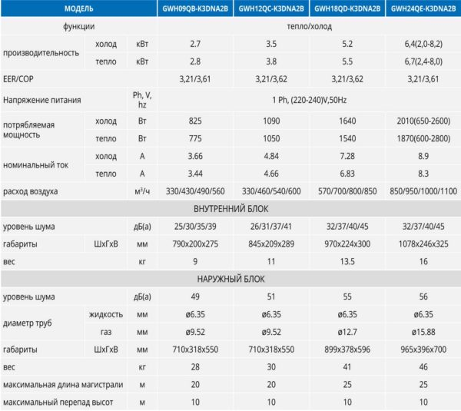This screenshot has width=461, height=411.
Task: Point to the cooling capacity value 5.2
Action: tap(347, 45)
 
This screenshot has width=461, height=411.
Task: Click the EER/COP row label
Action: tap(20, 78)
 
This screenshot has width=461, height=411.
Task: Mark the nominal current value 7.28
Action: tap(347, 157)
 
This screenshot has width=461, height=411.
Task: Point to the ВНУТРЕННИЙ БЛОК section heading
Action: tap(230, 208)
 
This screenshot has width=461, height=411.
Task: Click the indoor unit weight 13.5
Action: tap(347, 262)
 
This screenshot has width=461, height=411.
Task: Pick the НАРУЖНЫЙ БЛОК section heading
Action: tap(230, 279)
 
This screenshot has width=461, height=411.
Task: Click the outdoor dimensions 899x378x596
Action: tap(347, 350)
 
